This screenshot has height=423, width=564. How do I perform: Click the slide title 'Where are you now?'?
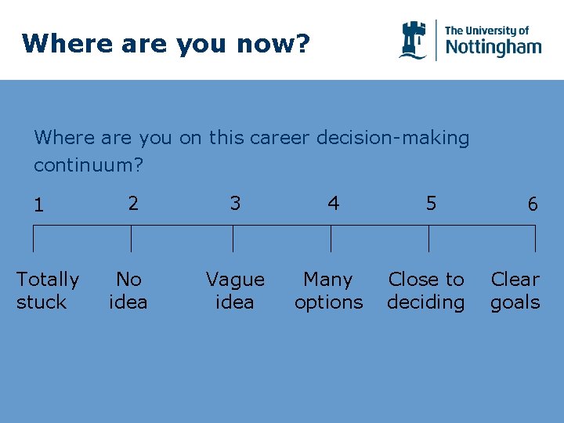166,43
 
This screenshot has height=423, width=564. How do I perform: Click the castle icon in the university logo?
413,40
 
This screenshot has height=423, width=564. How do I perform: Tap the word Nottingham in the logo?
493,47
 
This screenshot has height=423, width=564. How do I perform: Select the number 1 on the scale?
38,206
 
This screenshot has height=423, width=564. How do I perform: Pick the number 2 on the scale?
133,204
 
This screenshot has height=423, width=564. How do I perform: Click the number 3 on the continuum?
235,204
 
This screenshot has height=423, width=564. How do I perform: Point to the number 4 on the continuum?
334,204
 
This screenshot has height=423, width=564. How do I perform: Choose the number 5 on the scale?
431,204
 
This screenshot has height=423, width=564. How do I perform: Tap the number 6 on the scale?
533,205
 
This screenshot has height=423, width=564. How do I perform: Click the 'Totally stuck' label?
48,291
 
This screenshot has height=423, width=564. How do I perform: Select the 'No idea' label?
128,291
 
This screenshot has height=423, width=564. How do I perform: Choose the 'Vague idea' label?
235,291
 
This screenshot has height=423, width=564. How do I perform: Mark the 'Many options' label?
328,291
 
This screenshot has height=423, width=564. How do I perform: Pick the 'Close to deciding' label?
426,291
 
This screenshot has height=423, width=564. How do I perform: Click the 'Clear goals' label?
515,291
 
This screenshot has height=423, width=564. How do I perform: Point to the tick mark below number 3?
233,239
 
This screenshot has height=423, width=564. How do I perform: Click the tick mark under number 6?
535,239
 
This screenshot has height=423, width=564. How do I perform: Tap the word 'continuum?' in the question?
89,166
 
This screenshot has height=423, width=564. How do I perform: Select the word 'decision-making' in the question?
392,139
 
